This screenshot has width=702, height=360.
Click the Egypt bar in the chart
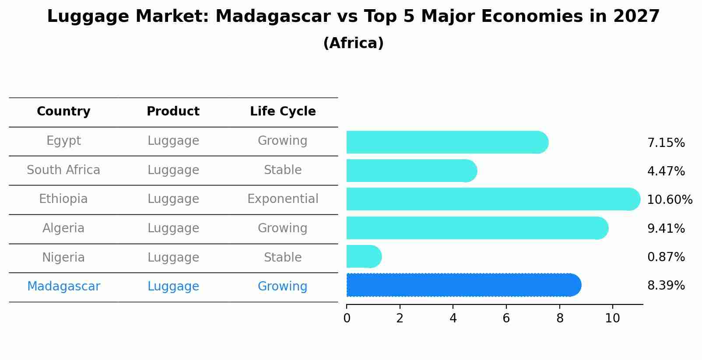click(x=448, y=142)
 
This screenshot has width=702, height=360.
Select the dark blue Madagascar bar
click(x=464, y=285)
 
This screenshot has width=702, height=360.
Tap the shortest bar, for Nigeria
click(x=364, y=256)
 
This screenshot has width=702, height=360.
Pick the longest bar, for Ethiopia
click(x=493, y=199)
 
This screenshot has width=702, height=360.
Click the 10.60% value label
click(x=670, y=199)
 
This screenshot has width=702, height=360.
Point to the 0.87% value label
click(x=666, y=257)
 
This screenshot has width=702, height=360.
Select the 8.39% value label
click(x=666, y=286)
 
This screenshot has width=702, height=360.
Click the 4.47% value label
click(x=666, y=171)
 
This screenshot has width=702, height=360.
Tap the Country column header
click(x=63, y=112)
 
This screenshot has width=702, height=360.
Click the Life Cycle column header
click(x=283, y=112)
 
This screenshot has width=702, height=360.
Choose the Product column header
click(x=173, y=111)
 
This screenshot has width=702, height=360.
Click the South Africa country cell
click(x=63, y=170)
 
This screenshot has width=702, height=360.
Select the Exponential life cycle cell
click(x=283, y=199)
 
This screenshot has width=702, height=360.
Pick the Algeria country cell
click(x=63, y=228)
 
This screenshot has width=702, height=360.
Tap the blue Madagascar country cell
click(x=63, y=287)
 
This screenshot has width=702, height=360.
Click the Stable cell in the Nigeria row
click(x=283, y=257)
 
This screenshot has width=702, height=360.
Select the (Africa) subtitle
click(x=353, y=43)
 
